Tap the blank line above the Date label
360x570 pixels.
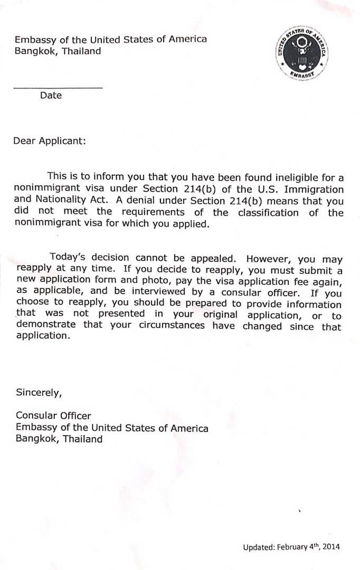[58, 87]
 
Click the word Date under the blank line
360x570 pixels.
[51, 96]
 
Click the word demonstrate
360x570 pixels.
[46, 326]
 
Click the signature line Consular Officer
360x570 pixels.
[53, 416]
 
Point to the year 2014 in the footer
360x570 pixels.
[331, 547]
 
